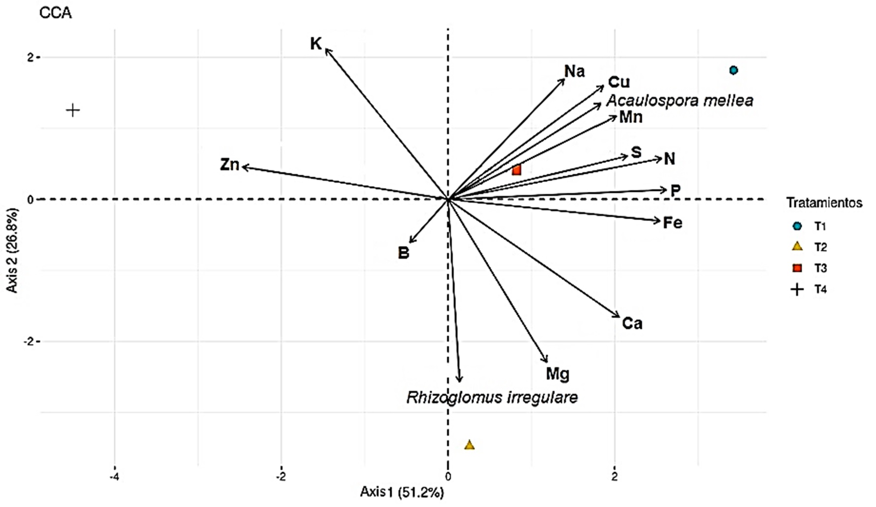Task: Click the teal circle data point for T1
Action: (733, 70)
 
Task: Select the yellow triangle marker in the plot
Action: (469, 445)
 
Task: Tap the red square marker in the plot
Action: (516, 170)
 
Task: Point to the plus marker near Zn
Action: (73, 110)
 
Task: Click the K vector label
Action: (315, 44)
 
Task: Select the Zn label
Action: (229, 164)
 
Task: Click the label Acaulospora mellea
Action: (679, 101)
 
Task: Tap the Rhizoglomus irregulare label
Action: (492, 397)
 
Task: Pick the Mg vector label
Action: (557, 374)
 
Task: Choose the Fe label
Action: (672, 223)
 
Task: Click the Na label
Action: (574, 71)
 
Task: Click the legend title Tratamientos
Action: (824, 203)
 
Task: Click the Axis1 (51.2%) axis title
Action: (402, 492)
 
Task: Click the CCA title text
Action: (55, 13)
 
